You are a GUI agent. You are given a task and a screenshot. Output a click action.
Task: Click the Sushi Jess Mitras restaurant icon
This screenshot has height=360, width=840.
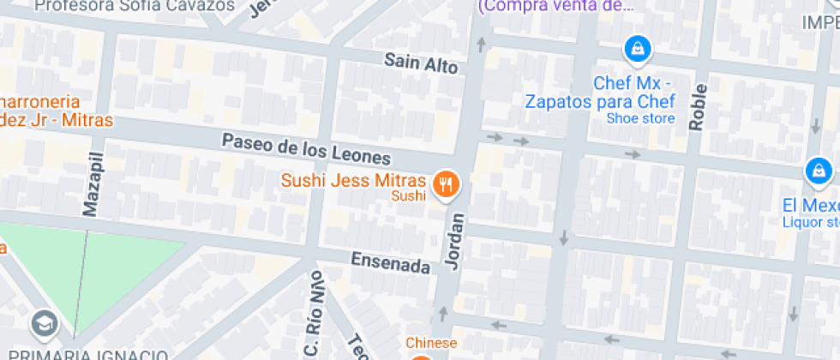pyautogui.click(x=446, y=184)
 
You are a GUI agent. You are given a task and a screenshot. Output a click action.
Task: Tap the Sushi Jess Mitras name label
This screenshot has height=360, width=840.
pyautogui.click(x=353, y=181)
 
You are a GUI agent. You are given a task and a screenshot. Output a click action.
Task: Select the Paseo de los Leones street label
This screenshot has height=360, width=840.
pyautogui.click(x=306, y=150)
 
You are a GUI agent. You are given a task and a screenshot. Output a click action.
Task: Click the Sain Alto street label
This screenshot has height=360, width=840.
pyautogui.click(x=421, y=63)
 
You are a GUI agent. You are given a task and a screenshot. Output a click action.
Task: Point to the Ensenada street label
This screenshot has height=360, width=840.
pyautogui.click(x=390, y=262)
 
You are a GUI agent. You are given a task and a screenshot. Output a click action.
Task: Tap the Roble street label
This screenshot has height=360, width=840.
pyautogui.click(x=697, y=107)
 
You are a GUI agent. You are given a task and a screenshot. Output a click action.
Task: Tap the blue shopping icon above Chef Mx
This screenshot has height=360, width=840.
pyautogui.click(x=637, y=49)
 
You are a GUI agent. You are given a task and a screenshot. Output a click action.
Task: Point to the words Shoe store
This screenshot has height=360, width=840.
pyautogui.click(x=640, y=118)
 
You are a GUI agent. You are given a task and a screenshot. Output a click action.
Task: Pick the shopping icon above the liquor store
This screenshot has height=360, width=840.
pyautogui.click(x=819, y=171)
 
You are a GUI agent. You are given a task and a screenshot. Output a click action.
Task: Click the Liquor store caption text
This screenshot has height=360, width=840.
pyautogui.click(x=810, y=223)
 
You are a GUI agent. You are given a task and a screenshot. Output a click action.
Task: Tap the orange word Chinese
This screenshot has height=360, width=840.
pyautogui.click(x=431, y=343)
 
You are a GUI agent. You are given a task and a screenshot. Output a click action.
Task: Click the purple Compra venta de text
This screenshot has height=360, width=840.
pyautogui.click(x=556, y=7)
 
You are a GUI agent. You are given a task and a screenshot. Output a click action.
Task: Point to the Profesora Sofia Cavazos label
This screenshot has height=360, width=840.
pyautogui.click(x=135, y=6)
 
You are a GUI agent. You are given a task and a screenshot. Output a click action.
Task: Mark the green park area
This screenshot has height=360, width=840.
pyautogui.click(x=111, y=266)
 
